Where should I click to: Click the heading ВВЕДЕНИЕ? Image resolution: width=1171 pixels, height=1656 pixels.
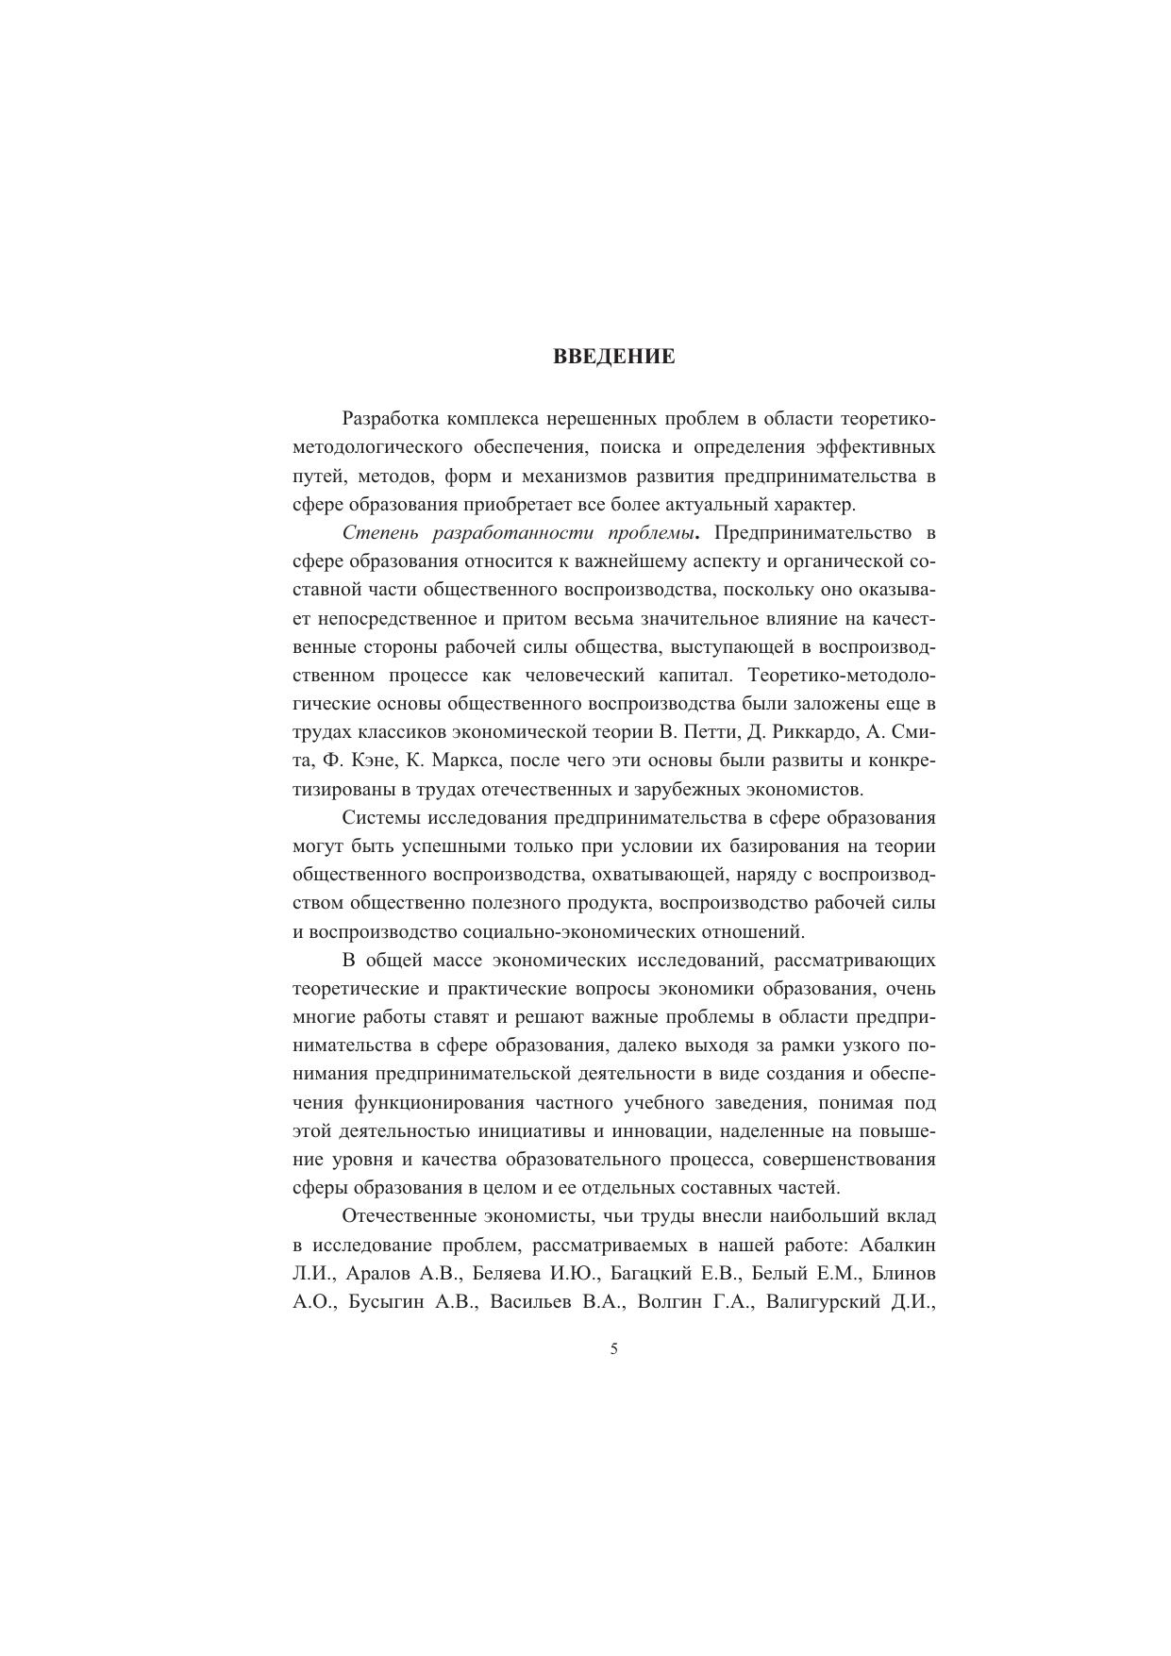(613, 358)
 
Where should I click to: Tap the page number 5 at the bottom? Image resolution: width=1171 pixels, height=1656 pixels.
(614, 1349)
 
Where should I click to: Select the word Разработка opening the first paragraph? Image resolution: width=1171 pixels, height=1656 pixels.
(389, 419)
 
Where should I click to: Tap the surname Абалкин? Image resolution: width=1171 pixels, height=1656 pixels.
(896, 1246)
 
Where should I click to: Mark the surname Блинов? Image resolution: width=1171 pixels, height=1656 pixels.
(904, 1274)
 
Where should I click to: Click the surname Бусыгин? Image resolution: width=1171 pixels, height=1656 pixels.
(390, 1302)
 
